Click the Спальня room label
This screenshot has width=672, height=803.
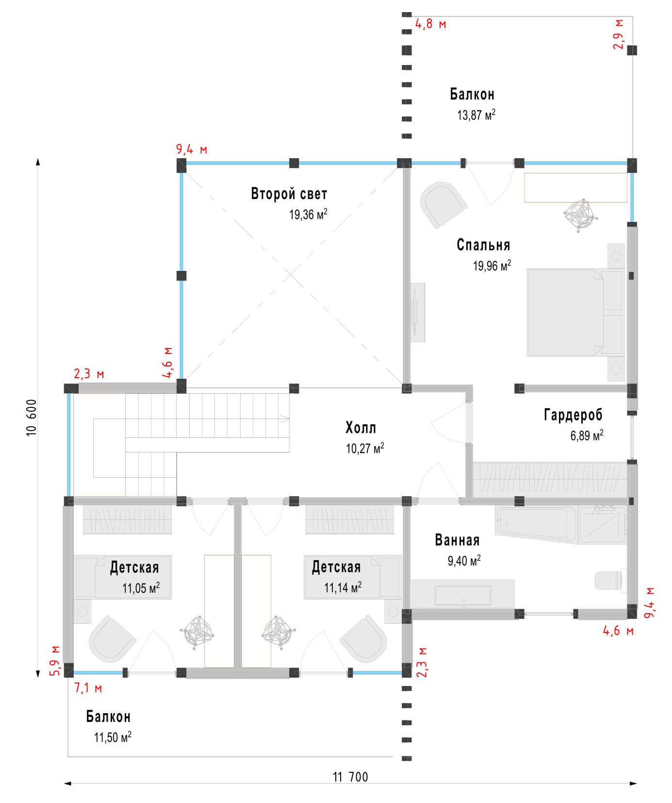coord(483,245)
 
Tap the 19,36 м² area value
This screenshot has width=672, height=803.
coord(308,214)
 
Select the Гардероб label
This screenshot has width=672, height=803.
coord(573,415)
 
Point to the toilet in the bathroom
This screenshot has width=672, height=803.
coord(607,580)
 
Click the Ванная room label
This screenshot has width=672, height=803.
coord(457,540)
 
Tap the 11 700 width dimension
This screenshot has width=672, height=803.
coord(350,777)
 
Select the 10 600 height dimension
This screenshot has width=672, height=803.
coord(32,418)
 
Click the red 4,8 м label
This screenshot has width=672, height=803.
coord(430,24)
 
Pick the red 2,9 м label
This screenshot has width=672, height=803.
coord(619,35)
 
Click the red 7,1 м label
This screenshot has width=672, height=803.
coord(88,688)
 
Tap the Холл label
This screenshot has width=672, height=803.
coord(361,428)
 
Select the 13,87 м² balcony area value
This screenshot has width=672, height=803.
coord(476,115)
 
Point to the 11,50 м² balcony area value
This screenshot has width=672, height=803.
coord(113,737)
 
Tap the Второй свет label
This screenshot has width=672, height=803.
coord(289,194)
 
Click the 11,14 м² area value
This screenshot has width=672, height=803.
coord(343,588)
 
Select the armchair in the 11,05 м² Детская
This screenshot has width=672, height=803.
coord(111,638)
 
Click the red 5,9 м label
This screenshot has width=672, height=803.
coord(55,661)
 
